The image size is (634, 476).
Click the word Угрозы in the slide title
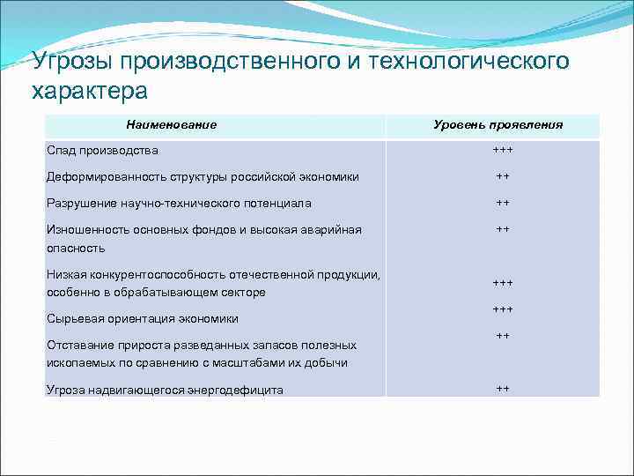pyautogui.click(x=74, y=63)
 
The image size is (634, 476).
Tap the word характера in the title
pyautogui.click(x=89, y=91)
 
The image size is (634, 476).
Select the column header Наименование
pyautogui.click(x=171, y=125)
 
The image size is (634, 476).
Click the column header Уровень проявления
pyautogui.click(x=498, y=125)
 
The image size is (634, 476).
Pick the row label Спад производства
pyautogui.click(x=102, y=150)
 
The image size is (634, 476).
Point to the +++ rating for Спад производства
pyautogui.click(x=503, y=150)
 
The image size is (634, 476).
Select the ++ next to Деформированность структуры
pyautogui.click(x=503, y=176)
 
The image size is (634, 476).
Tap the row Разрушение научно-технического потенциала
pyautogui.click(x=179, y=203)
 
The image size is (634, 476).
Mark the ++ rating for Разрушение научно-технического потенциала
pyautogui.click(x=503, y=203)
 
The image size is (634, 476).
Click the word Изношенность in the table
pyautogui.click(x=88, y=230)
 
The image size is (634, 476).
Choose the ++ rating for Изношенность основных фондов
pyautogui.click(x=503, y=229)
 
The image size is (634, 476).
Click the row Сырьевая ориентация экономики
pyautogui.click(x=143, y=318)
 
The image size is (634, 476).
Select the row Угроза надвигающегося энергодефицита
pyautogui.click(x=165, y=390)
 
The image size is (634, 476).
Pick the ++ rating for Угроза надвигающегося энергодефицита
pyautogui.click(x=503, y=388)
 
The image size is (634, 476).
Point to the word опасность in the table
pyautogui.click(x=76, y=248)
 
